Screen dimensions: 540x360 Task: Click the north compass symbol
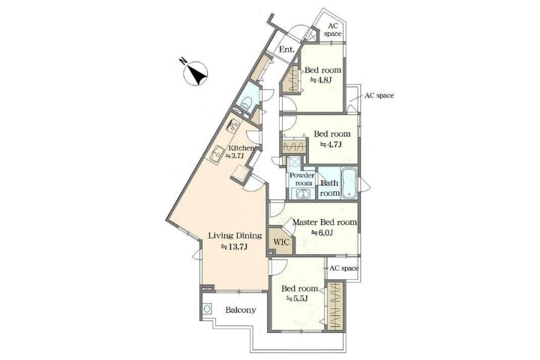[x=195, y=72]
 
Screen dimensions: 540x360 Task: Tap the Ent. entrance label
[x=286, y=49]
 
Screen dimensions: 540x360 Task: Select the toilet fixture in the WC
[x=246, y=103]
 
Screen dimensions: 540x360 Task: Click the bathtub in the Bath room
[x=349, y=183]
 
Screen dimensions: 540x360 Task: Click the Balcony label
[x=241, y=310]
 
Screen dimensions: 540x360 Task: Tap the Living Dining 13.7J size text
[x=235, y=247]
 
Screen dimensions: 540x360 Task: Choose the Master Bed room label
[x=325, y=222]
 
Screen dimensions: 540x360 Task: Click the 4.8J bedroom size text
[x=321, y=80]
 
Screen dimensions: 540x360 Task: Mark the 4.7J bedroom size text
[x=331, y=144]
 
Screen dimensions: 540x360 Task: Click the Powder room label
[x=302, y=179]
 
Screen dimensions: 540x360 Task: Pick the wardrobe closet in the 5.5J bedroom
[x=335, y=307]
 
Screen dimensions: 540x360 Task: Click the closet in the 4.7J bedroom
[x=294, y=147]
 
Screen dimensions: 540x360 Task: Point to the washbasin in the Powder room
[x=302, y=193]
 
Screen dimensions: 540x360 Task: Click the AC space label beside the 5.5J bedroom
[x=344, y=268]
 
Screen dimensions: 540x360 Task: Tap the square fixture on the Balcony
[x=207, y=308]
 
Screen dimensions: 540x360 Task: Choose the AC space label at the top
[x=333, y=30]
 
